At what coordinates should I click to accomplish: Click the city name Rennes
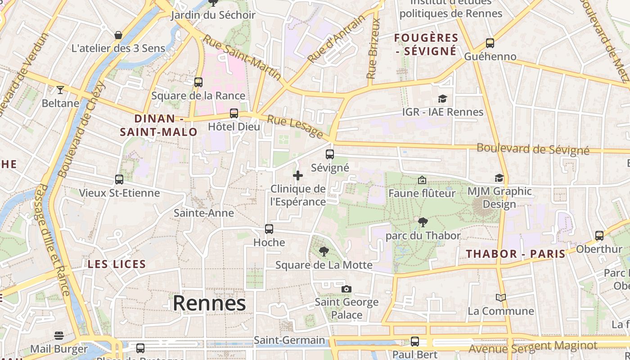click(x=209, y=303)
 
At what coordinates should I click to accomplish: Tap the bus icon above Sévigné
click(x=330, y=154)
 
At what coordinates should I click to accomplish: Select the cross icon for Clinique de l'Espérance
click(x=298, y=175)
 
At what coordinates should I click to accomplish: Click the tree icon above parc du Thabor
click(x=423, y=222)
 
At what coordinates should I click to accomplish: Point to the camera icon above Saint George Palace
click(x=346, y=289)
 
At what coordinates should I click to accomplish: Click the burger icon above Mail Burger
click(x=59, y=336)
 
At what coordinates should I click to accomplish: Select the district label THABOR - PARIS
click(x=516, y=254)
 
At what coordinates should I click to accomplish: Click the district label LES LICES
click(x=117, y=264)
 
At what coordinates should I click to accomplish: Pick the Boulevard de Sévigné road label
click(x=533, y=149)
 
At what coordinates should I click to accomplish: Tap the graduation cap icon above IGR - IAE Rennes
click(x=442, y=99)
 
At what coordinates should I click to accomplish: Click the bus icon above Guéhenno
click(x=490, y=43)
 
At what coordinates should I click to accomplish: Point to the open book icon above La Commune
click(x=501, y=297)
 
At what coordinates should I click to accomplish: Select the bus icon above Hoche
click(x=269, y=229)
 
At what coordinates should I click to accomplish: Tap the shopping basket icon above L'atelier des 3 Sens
click(x=118, y=35)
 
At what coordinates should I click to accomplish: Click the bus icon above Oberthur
click(x=599, y=235)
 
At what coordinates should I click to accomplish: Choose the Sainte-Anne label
click(x=204, y=213)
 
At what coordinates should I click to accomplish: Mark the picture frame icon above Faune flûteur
click(x=422, y=180)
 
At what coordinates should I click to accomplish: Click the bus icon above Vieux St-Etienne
click(x=119, y=180)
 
